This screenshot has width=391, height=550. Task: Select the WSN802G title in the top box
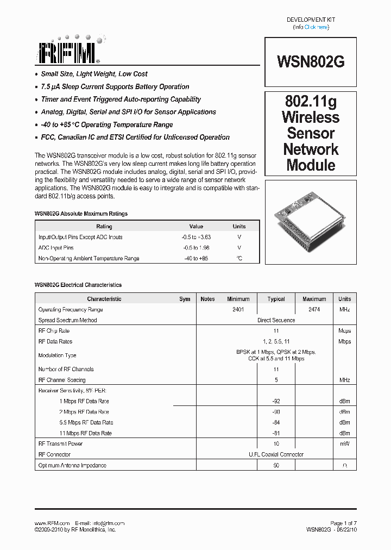tap(311, 61)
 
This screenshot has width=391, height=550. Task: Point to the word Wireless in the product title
tap(311, 117)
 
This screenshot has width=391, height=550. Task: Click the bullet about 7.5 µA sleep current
tap(115, 86)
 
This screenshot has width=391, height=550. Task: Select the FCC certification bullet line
tap(135, 137)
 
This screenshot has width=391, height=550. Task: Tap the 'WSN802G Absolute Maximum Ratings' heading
tap(81, 214)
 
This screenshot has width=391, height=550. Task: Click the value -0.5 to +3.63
tap(196, 237)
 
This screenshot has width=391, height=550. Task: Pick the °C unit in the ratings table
tap(239, 258)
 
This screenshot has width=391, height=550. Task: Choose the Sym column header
tap(185, 299)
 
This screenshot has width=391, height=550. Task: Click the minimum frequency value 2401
tap(238, 309)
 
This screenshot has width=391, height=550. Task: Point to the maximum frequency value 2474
tap(314, 309)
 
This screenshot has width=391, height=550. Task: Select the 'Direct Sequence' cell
tap(276, 320)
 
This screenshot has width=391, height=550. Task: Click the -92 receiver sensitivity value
tap(276, 401)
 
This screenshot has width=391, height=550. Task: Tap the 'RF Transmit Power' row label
tap(60, 443)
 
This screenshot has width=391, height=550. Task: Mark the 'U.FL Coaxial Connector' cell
tap(276, 454)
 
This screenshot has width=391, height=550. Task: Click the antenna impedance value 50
tap(276, 465)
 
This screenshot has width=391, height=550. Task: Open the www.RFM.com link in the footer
tap(52, 523)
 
